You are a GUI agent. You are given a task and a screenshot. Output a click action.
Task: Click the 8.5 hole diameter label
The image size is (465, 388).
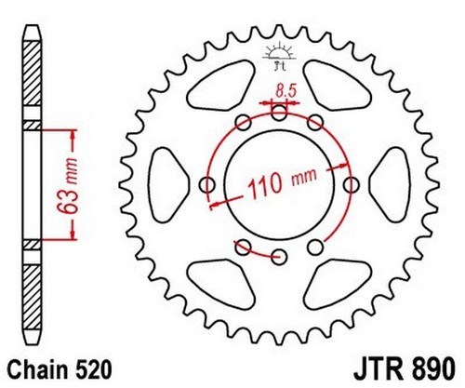286,91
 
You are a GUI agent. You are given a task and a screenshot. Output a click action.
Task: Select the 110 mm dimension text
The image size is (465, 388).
282,183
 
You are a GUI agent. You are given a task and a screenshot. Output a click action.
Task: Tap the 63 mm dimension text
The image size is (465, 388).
68,186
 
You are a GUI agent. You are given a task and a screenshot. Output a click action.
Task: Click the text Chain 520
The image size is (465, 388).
59,369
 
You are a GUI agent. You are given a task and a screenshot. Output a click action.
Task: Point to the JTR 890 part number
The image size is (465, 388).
405,368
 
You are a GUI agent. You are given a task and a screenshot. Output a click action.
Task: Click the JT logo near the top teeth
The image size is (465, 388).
279,56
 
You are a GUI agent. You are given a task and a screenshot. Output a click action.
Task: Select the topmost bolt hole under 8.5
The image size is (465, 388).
279,113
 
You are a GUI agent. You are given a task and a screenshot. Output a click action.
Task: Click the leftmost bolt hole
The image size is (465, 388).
207,185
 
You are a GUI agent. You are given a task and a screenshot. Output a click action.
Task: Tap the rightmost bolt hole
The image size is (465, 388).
352,185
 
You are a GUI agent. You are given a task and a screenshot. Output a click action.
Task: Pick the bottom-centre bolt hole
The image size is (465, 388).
279,257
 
